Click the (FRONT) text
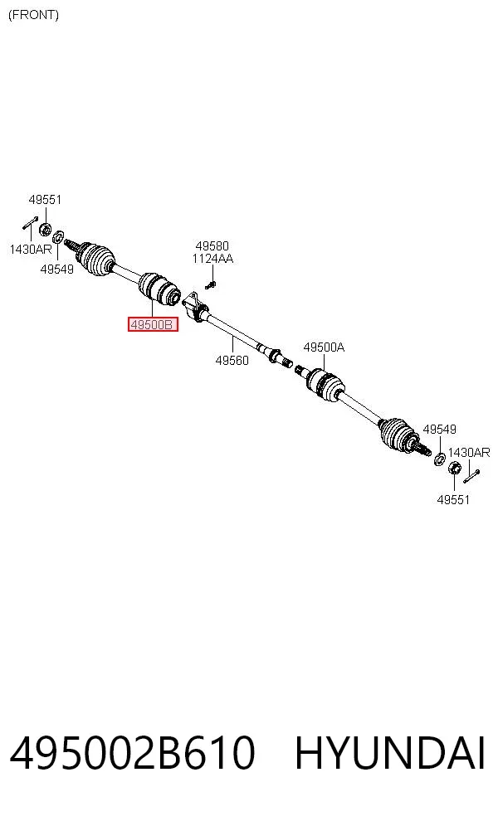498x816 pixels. pos(33,15)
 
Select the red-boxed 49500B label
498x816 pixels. pos(154,325)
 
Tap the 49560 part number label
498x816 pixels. pos(232,360)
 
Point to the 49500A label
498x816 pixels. pos(324,347)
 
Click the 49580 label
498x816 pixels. pos(212,245)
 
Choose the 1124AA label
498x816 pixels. pos(212,259)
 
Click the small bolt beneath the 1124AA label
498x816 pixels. pos(211,284)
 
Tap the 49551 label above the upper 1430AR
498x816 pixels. pos(45,199)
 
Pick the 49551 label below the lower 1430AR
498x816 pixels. pos(453,499)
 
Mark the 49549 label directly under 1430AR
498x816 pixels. pos(56,269)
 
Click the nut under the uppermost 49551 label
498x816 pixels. pos(46,228)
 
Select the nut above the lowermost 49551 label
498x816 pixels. pos(454,468)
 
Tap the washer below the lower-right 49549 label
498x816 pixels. pos(440,459)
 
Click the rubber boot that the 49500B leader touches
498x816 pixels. pos(159,290)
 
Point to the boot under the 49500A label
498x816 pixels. pos(325,384)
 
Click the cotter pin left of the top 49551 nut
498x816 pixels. pos(30,222)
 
